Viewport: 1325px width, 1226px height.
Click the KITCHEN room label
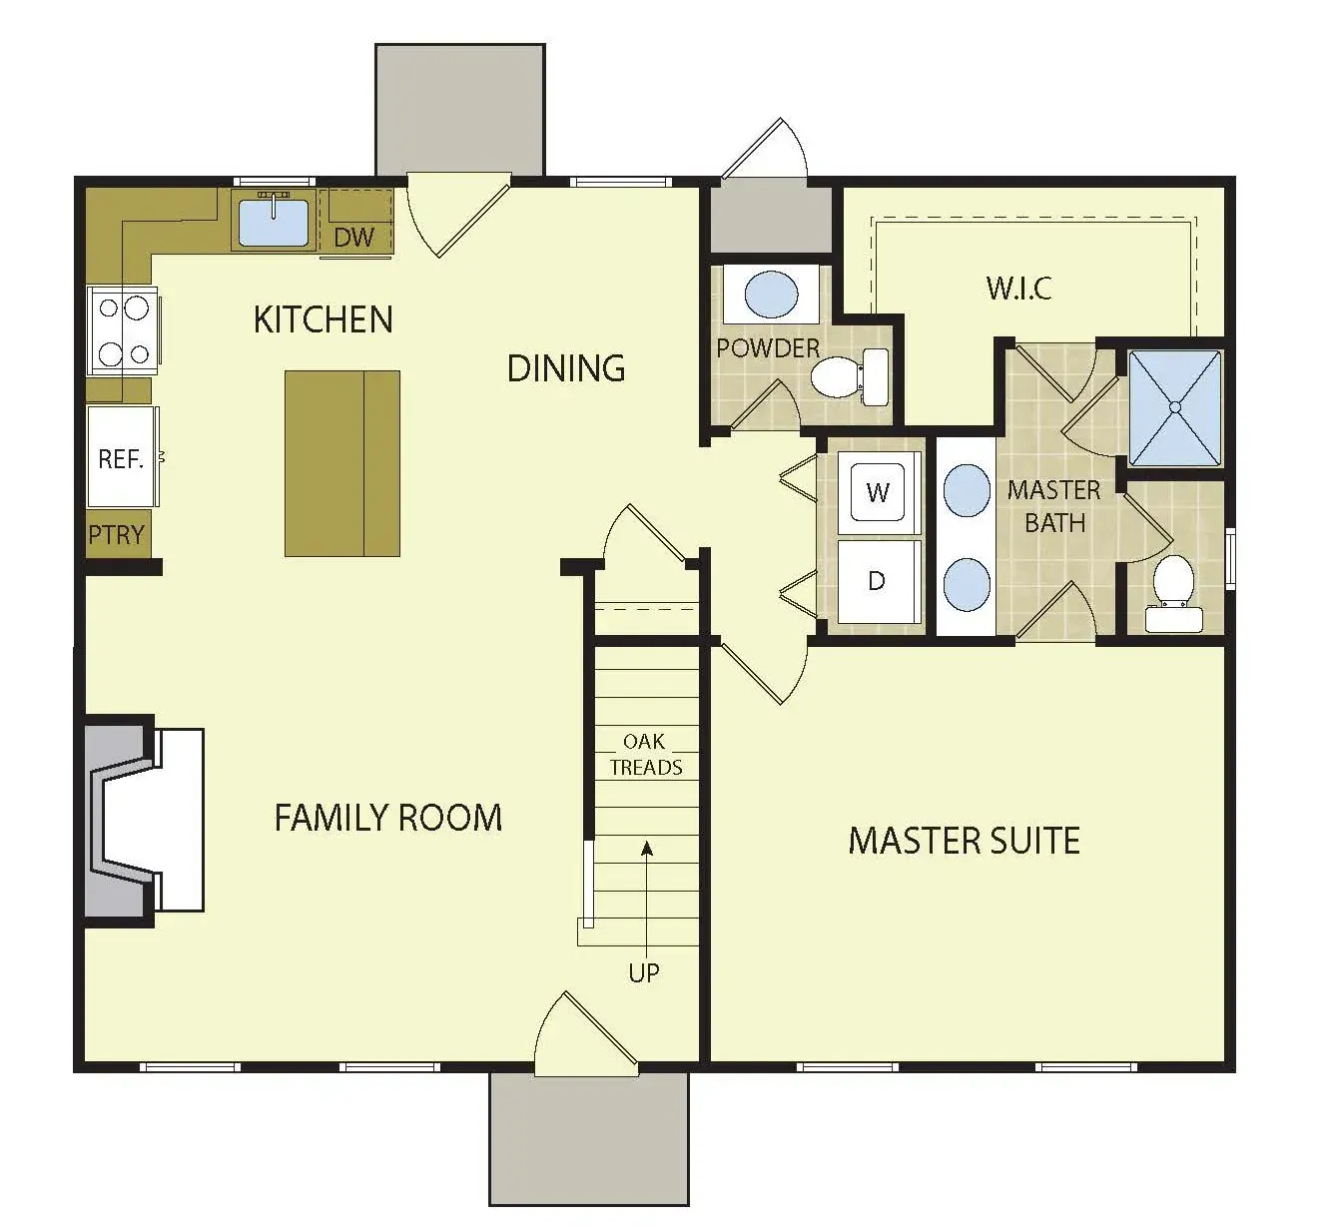[x=324, y=319]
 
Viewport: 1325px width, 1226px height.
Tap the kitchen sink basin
[x=274, y=223]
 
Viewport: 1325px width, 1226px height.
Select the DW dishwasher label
[x=353, y=237]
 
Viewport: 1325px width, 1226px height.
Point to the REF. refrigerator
[x=122, y=457]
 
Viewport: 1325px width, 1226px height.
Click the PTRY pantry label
[x=116, y=534]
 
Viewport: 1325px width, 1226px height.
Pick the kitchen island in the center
[x=342, y=464]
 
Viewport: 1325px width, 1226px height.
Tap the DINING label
[x=566, y=368]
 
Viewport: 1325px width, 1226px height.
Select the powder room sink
[x=771, y=295]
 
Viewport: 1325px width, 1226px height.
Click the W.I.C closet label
[x=1018, y=289]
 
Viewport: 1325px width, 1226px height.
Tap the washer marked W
[x=878, y=492]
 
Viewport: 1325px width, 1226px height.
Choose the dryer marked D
[x=878, y=581]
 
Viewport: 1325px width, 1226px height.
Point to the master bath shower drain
[x=1175, y=407]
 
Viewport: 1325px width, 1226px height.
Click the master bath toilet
[x=1173, y=593]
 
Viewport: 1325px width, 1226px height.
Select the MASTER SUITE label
[x=965, y=841]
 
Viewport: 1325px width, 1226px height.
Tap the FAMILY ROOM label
[x=388, y=818]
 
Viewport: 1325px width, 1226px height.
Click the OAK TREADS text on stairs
[x=645, y=754]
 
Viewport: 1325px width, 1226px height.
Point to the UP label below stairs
[x=644, y=973]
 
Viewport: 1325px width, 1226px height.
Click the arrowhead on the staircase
[x=646, y=849]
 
